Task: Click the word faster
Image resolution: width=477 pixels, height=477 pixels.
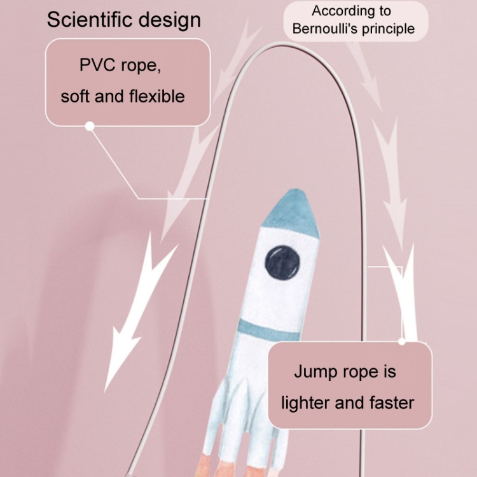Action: [392, 403]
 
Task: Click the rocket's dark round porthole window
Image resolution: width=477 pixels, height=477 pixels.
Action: [282, 262]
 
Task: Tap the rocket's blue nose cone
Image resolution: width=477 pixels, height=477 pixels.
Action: [291, 213]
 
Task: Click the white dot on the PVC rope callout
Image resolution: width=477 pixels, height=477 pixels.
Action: [90, 126]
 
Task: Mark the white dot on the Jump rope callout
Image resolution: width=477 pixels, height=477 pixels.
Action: [402, 342]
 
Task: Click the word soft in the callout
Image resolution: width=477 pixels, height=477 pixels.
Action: [74, 97]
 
